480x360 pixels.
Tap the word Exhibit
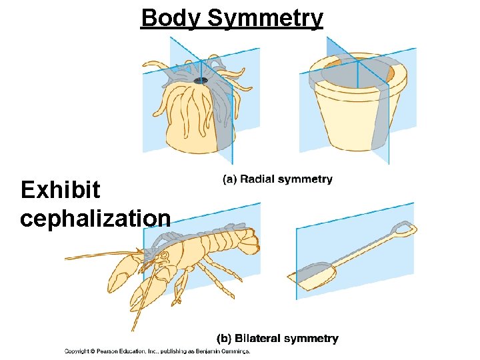[x=60, y=191]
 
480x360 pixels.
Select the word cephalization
[x=95, y=218]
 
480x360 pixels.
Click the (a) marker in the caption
[x=229, y=179]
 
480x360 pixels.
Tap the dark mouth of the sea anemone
[x=200, y=81]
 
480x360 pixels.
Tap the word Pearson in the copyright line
[x=108, y=351]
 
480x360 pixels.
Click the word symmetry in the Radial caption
[x=307, y=179]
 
